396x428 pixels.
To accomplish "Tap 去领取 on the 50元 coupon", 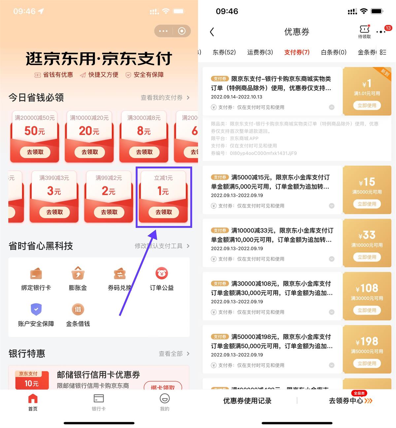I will point(35,152).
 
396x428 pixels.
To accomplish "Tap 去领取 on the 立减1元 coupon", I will point(164,212).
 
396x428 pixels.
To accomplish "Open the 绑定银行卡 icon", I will point(36,274).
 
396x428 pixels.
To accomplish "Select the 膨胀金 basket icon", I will point(78,273).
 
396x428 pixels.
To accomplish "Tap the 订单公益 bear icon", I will point(161,273).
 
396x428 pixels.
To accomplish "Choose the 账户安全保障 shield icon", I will point(36,309).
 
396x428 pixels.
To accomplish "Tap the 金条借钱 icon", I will point(78,309).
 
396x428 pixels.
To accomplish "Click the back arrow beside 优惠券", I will point(212,32).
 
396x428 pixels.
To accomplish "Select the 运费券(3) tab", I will point(260,52).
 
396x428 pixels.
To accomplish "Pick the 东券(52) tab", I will point(224,52).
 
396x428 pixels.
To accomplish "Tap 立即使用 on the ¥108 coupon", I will point(367,310).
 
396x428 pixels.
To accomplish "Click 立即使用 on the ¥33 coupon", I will point(367,257).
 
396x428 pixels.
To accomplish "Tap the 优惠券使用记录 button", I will point(247,401).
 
